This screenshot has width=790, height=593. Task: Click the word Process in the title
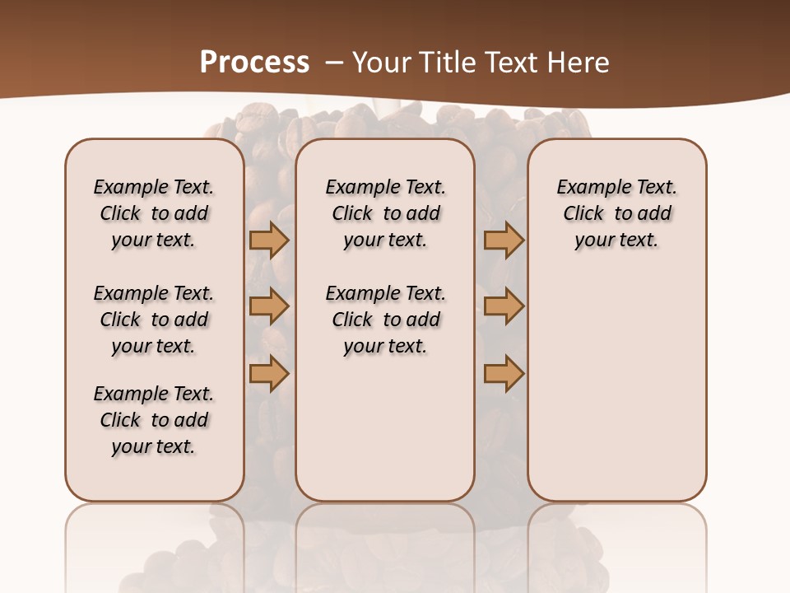254,62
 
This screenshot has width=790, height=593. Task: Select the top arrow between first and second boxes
269,240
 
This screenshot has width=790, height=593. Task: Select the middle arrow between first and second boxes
269,306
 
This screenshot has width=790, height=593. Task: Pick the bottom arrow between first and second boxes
269,373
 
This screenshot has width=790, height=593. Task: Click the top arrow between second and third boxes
504,240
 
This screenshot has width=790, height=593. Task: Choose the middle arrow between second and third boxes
504,306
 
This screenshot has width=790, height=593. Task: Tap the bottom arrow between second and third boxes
504,373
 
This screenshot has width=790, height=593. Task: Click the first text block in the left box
154,213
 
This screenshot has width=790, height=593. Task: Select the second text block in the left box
154,320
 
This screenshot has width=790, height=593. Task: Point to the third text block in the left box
154,420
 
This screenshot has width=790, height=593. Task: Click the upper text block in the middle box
386,213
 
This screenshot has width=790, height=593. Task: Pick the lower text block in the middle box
386,320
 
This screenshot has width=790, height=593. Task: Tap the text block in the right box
617,213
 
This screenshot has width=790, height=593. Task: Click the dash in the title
334,62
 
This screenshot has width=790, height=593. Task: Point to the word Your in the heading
380,62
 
